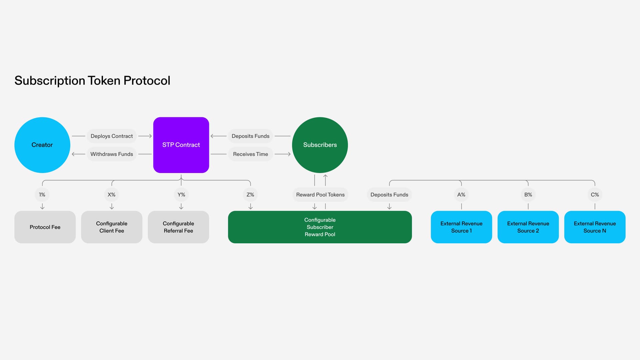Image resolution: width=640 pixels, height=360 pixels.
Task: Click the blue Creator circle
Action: (x=42, y=145)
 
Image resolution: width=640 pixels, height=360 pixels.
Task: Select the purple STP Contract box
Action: (x=181, y=145)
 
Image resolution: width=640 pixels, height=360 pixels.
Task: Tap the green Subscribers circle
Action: (x=320, y=145)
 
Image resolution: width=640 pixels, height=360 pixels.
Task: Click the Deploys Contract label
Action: (x=112, y=136)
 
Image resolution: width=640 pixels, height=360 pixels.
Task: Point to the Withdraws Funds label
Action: (x=112, y=154)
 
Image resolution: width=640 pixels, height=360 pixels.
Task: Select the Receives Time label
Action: (x=250, y=154)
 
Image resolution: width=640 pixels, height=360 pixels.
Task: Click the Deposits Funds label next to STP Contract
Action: (x=250, y=136)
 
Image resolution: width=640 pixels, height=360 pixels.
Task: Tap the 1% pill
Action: (x=42, y=195)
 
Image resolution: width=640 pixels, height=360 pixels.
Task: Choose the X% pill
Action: (x=111, y=195)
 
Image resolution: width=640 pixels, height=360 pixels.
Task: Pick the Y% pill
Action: (x=181, y=195)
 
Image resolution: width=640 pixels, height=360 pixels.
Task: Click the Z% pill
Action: (x=250, y=195)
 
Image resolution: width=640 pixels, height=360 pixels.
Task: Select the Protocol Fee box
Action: (x=45, y=227)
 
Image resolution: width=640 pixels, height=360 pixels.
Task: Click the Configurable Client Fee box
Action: (x=112, y=227)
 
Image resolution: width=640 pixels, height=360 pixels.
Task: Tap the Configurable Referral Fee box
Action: (x=178, y=227)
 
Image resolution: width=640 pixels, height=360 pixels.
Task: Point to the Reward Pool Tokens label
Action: (x=320, y=195)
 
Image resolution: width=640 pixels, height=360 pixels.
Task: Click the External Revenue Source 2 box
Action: (x=528, y=227)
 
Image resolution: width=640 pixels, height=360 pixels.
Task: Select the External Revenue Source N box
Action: (x=595, y=227)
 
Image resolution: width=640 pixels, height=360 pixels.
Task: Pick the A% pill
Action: (x=461, y=195)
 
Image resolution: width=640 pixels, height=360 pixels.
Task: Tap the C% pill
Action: (x=595, y=195)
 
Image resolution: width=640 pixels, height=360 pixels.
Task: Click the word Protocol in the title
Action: (x=147, y=81)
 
